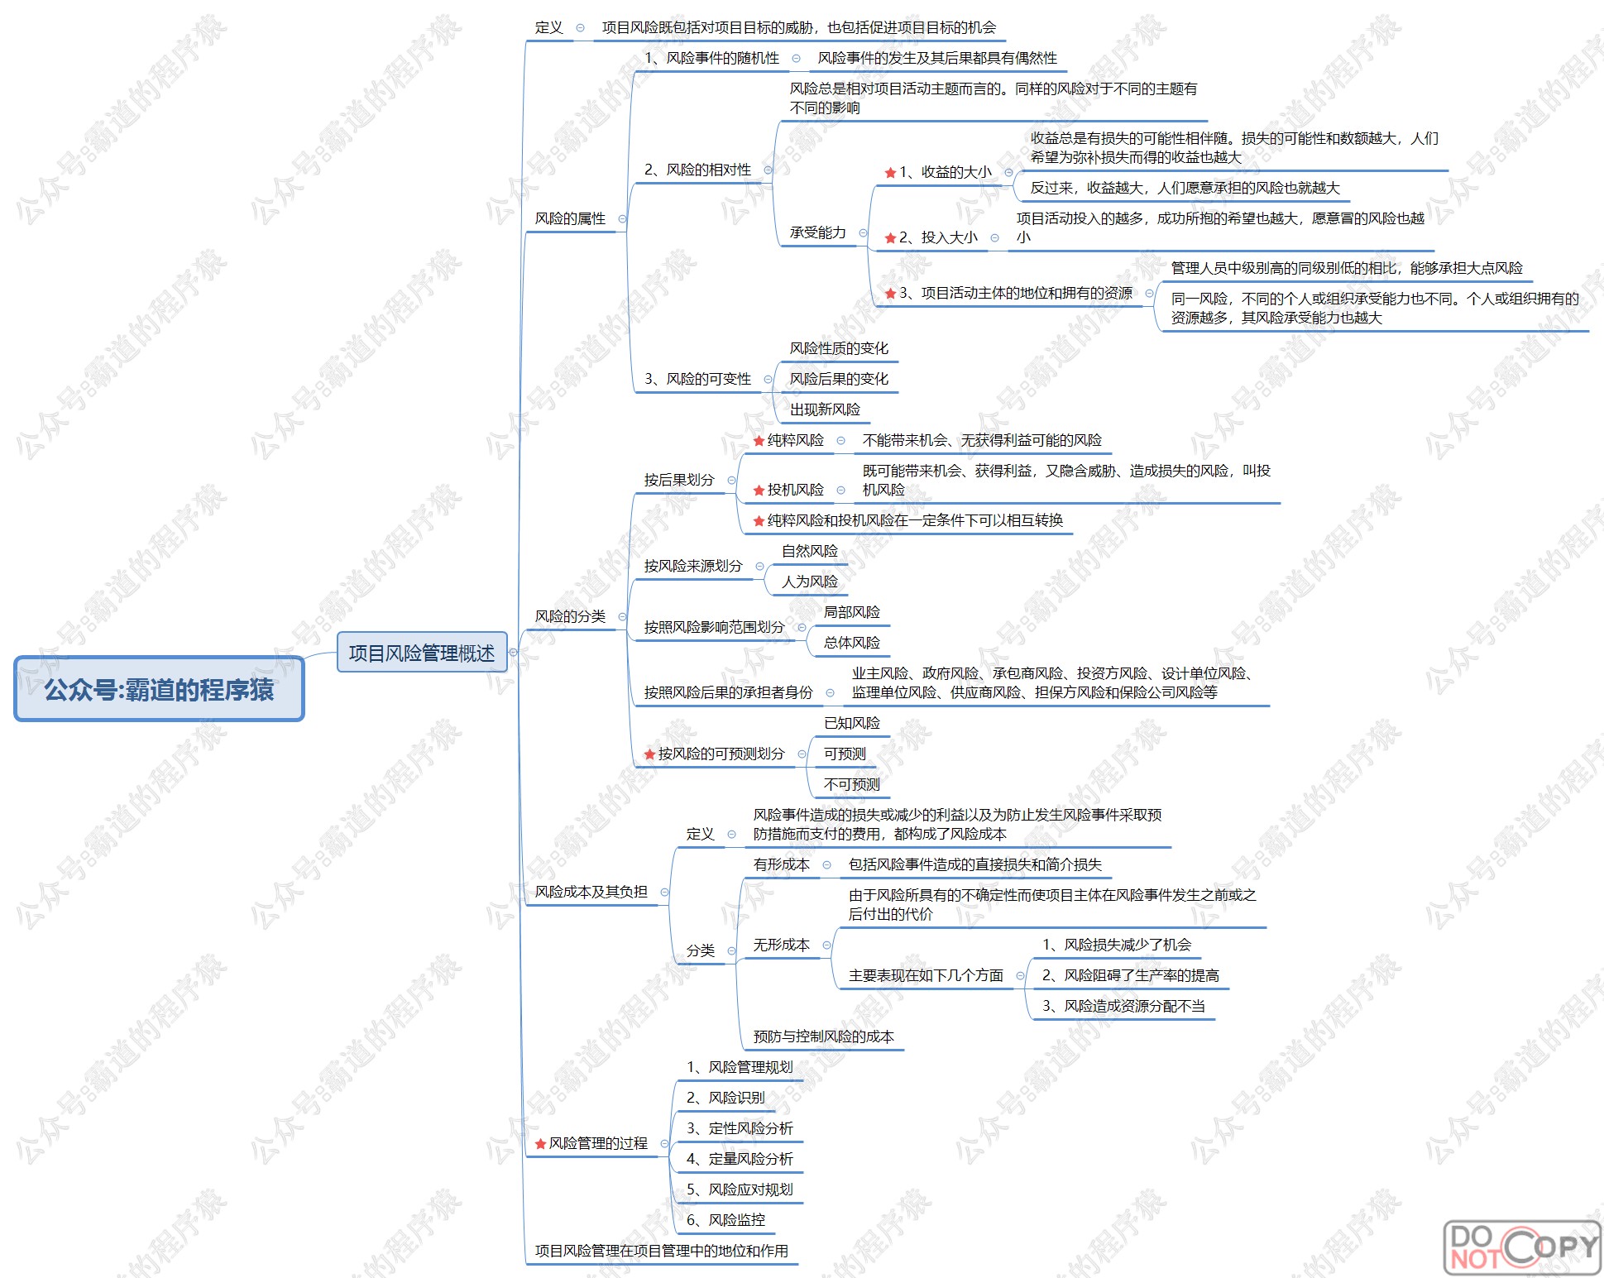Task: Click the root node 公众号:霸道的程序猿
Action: (159, 689)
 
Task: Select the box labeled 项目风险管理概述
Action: (421, 653)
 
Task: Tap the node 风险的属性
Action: (570, 218)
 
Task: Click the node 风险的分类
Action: (570, 616)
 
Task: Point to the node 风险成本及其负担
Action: (591, 892)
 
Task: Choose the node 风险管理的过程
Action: (597, 1143)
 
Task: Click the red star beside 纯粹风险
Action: (759, 441)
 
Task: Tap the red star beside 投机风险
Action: (759, 491)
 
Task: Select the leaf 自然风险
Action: (809, 551)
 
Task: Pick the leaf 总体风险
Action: (851, 643)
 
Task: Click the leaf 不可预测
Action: (851, 784)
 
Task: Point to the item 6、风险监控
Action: (725, 1220)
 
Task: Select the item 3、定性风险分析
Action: (740, 1128)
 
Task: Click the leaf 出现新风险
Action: (825, 409)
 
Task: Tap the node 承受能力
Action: (817, 232)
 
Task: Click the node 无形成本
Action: (781, 945)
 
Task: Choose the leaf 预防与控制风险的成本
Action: (823, 1036)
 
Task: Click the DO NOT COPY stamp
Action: (1521, 1247)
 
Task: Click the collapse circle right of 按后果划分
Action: (731, 480)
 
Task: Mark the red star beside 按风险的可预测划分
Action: (649, 754)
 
